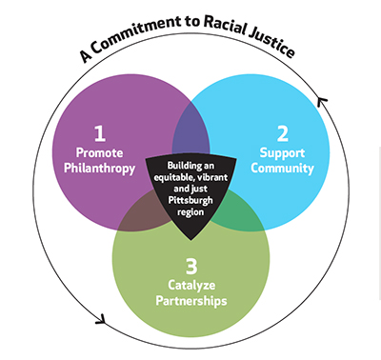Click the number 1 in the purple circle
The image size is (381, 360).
click(98, 131)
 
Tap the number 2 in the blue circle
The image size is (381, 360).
click(281, 131)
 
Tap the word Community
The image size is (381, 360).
click(283, 169)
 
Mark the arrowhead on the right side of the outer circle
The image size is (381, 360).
click(321, 99)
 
